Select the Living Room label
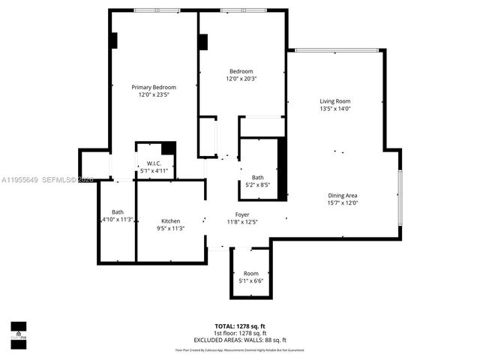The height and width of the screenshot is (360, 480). pos(335,101)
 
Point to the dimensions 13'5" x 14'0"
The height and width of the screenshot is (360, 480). pos(335,109)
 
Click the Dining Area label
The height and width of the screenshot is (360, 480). pos(342,195)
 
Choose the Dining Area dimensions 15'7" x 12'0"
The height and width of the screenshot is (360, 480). pos(342,202)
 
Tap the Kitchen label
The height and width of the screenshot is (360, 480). pos(170,221)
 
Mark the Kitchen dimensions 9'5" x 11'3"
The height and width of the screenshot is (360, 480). pos(170,229)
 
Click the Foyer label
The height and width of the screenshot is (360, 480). pos(242,214)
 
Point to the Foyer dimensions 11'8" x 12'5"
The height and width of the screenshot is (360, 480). pos(242,222)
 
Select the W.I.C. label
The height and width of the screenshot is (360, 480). pos(154,163)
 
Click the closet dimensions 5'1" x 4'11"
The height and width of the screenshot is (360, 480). pos(154,171)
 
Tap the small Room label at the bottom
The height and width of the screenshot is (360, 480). pos(250,273)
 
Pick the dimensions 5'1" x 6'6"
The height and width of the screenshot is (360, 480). pos(250,280)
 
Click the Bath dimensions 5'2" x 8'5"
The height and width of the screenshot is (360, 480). pos(257,184)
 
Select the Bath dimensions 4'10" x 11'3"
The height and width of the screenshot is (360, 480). pos(118,220)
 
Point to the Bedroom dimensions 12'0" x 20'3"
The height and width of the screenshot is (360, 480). pos(241,79)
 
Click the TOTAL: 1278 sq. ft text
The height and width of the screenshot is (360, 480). pos(241,326)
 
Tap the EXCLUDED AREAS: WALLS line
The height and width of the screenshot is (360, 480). pos(241,340)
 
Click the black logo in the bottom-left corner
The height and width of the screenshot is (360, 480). pos(18,331)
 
